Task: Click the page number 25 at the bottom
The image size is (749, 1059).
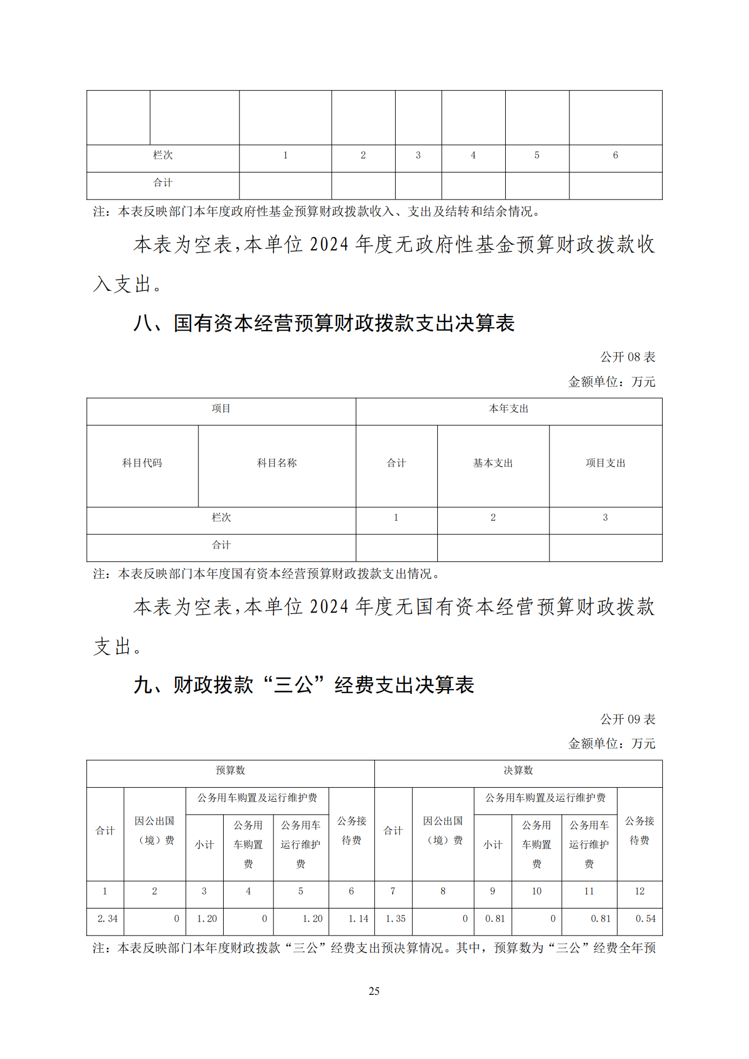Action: (x=374, y=991)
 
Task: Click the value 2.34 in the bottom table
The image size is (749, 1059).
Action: (x=107, y=918)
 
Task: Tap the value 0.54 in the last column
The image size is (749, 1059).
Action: (x=645, y=918)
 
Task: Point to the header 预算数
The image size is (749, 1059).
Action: (x=230, y=770)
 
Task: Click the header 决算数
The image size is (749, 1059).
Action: (x=518, y=770)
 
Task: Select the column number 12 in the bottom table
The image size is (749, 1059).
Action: (x=640, y=891)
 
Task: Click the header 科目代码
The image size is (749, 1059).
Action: (x=142, y=463)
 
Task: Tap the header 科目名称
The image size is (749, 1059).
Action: (x=277, y=463)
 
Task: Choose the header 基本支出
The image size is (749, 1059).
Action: (x=493, y=463)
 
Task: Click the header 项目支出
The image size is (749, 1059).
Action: (x=605, y=463)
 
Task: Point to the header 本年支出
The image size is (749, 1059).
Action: (x=509, y=409)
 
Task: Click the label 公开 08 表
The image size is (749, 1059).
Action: (x=628, y=357)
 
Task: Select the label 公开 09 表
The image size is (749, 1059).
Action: (x=628, y=719)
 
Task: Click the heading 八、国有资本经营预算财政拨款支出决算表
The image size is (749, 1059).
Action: (x=324, y=323)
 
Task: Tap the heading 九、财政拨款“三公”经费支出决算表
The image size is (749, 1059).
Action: (x=304, y=685)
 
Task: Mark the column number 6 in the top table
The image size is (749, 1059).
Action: (x=615, y=155)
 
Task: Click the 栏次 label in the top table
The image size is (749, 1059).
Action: (x=163, y=155)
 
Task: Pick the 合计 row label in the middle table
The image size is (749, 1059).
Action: (x=221, y=545)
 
